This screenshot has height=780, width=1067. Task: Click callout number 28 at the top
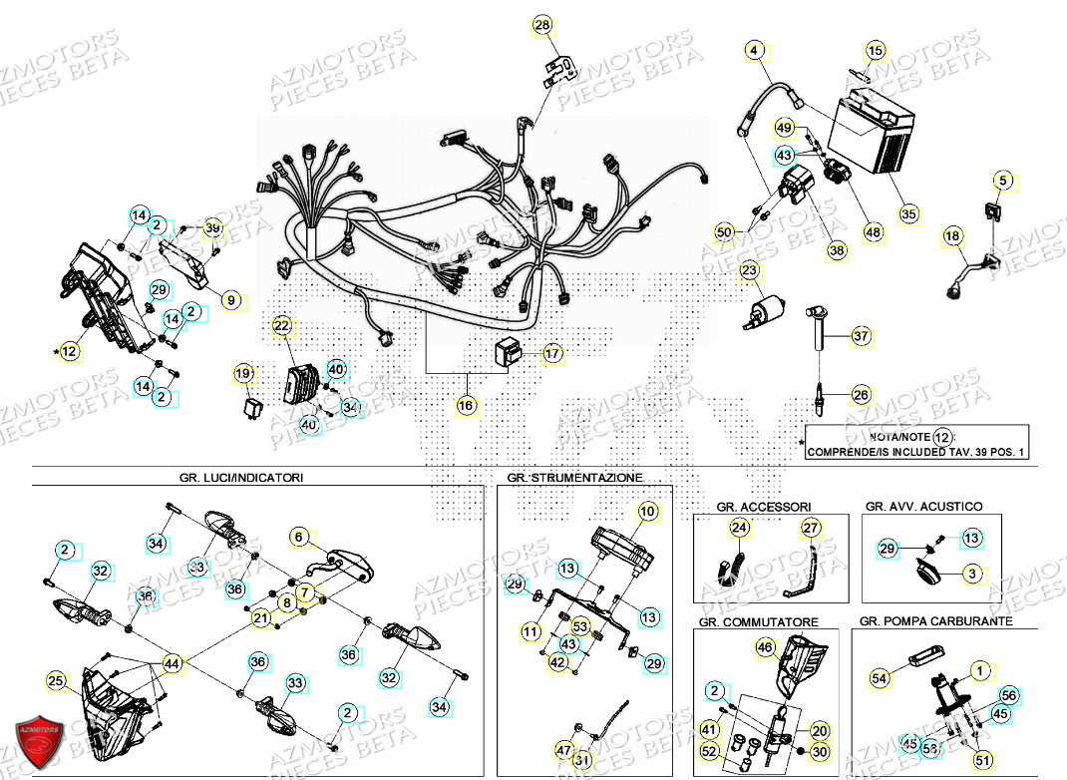541,25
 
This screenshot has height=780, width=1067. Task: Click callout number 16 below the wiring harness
466,405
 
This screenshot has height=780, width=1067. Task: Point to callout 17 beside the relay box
552,353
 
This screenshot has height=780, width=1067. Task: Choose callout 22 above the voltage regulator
281,326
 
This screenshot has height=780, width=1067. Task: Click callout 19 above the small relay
243,374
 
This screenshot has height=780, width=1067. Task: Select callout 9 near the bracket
230,298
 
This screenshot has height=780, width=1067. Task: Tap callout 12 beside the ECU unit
68,351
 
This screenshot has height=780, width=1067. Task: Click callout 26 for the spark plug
861,395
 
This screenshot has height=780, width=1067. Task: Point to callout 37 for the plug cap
861,337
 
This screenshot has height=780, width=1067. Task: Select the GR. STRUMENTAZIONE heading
574,478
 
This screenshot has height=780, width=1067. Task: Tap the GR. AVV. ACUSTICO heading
923,506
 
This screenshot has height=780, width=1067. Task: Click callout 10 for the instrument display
648,512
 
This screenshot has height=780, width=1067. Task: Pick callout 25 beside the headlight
57,682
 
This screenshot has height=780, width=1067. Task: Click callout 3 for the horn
973,574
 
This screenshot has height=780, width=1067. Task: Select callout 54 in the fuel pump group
879,678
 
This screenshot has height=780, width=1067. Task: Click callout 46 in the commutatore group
764,648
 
